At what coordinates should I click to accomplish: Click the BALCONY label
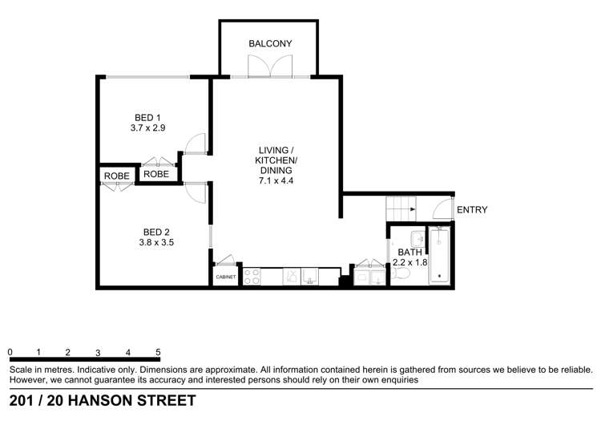pyautogui.click(x=269, y=43)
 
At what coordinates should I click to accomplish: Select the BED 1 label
pyautogui.click(x=147, y=115)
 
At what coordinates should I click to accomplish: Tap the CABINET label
pyautogui.click(x=225, y=277)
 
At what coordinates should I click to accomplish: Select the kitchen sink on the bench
pyautogui.click(x=301, y=277)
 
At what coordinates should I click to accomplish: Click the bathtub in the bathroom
pyautogui.click(x=440, y=256)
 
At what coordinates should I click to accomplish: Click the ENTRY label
pyautogui.click(x=472, y=210)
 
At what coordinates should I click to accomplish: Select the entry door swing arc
pyautogui.click(x=442, y=209)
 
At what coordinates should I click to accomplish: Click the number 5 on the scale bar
pyautogui.click(x=159, y=352)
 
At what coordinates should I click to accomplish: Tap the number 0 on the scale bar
pyautogui.click(x=10, y=352)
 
